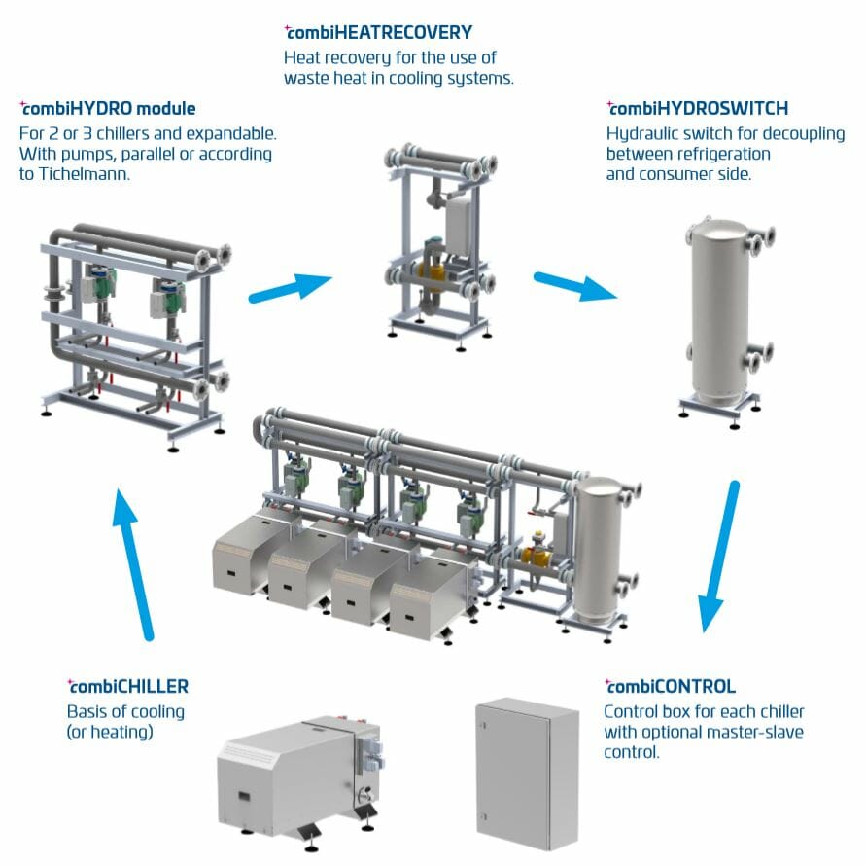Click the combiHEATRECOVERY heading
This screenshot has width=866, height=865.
tap(379, 32)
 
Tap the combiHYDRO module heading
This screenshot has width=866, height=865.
tap(108, 108)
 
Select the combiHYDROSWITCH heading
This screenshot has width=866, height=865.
tap(698, 108)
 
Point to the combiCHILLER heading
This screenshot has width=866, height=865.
tap(128, 686)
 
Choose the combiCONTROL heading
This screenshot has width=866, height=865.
tap(671, 686)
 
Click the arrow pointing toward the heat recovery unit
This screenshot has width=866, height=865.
tap(291, 287)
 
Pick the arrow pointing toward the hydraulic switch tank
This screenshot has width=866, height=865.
tap(575, 286)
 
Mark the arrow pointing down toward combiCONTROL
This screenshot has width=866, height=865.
tap(719, 557)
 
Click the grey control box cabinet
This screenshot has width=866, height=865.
tap(528, 774)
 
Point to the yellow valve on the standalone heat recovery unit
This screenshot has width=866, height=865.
tap(430, 270)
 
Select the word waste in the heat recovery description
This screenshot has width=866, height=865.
tap(302, 79)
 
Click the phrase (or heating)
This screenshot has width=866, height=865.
tap(110, 733)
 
